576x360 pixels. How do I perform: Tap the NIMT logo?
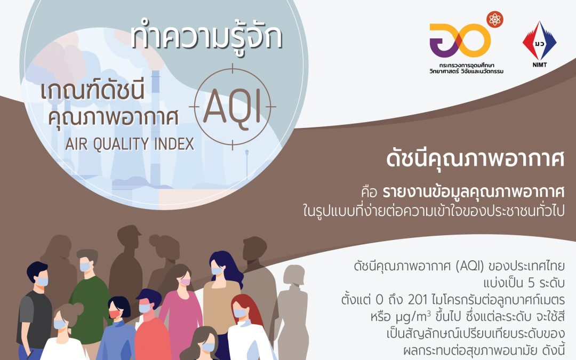point(539,45)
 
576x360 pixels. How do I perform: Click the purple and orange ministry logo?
point(460,42)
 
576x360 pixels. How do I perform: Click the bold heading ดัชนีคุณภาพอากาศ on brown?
point(475,159)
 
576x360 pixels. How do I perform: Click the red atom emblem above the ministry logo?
point(494,20)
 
